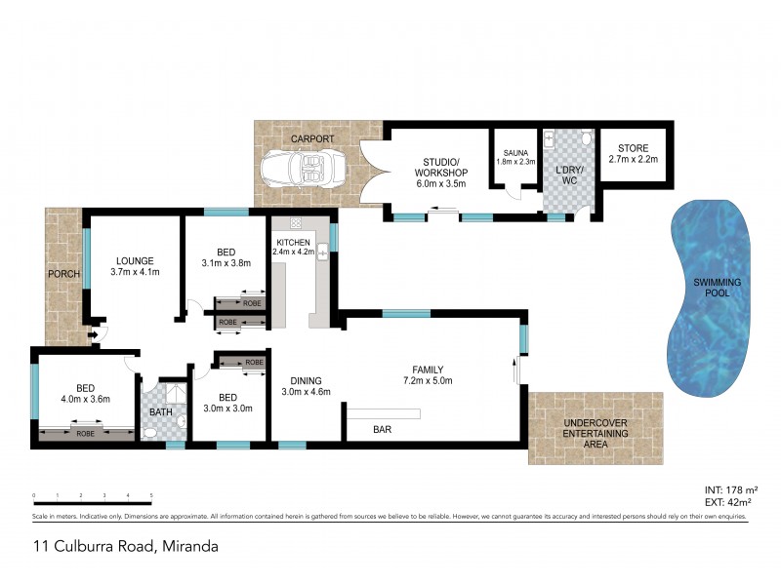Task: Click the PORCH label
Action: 64,274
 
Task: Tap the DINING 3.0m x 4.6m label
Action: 307,386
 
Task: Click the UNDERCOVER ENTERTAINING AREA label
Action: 596,433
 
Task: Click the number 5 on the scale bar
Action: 151,496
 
